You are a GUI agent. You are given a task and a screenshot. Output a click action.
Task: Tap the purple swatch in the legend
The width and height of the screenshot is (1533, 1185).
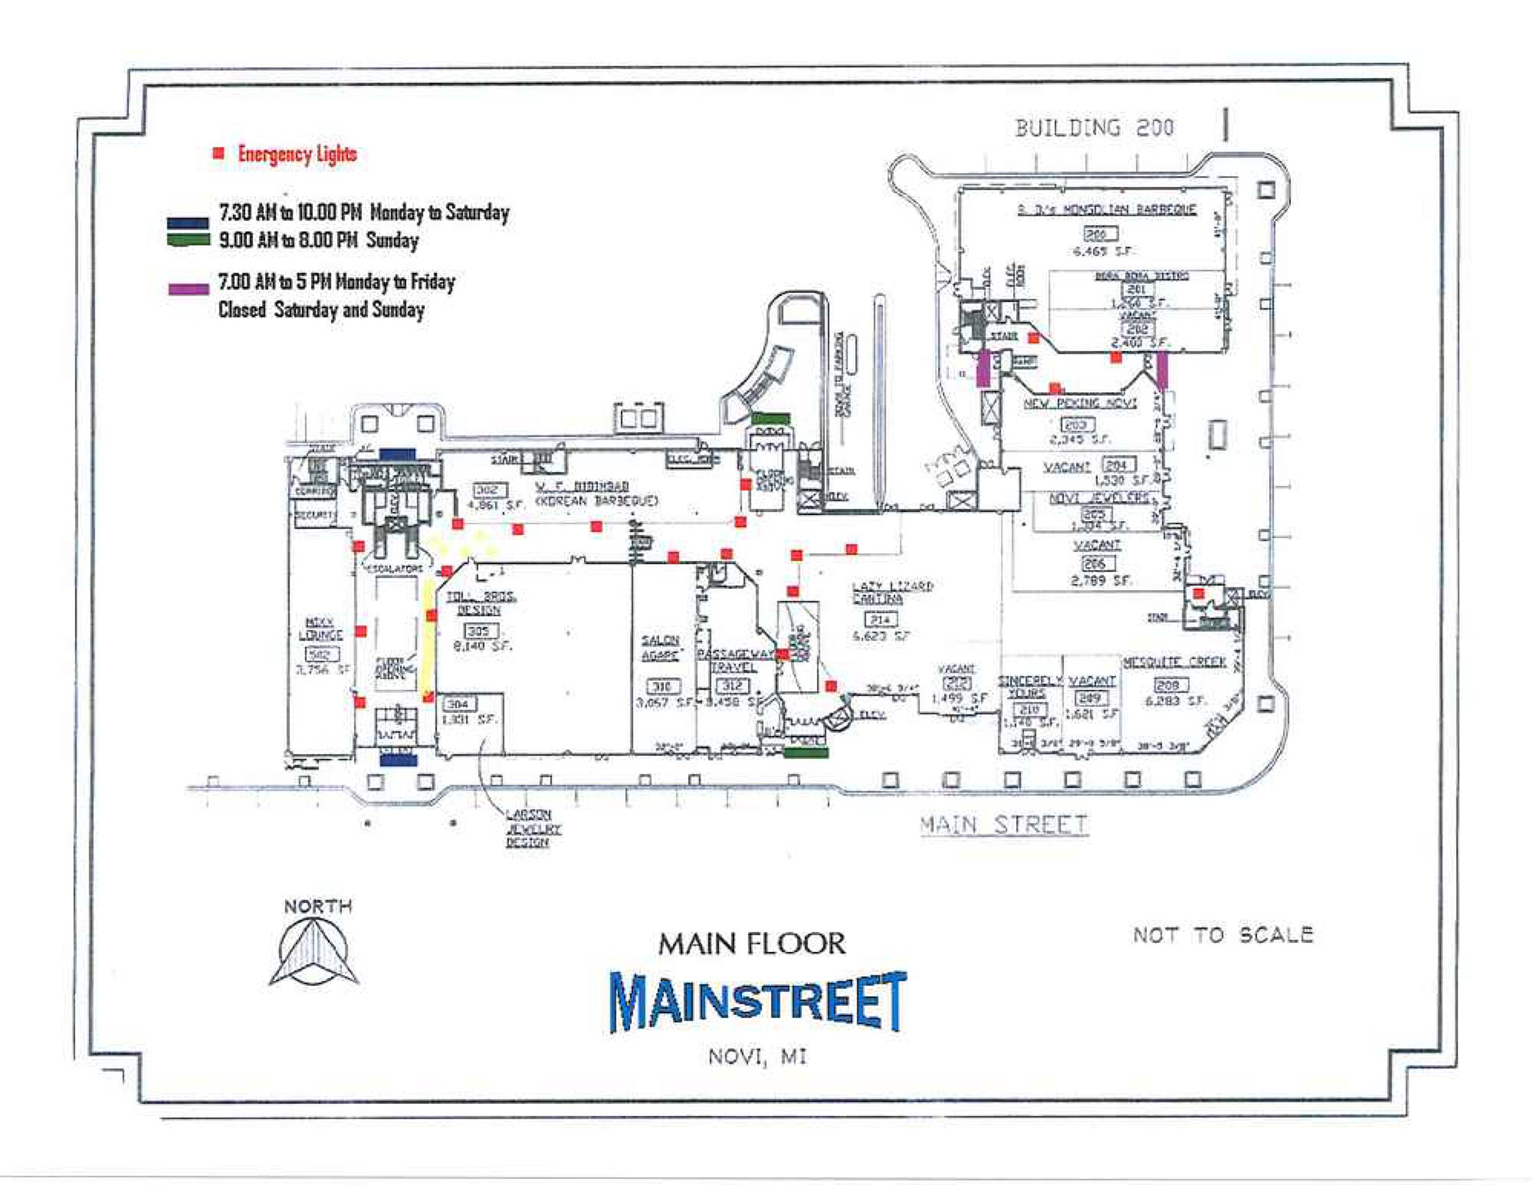point(188,289)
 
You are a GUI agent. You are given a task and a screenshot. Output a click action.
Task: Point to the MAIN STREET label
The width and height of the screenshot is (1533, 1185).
point(1004,825)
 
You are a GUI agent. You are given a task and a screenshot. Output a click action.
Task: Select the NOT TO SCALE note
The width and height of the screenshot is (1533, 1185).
point(1222,934)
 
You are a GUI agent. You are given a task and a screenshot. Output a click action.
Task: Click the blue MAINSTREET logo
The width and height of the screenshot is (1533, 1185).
point(758,1001)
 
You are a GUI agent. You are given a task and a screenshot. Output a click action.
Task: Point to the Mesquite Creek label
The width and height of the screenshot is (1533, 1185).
point(1174,662)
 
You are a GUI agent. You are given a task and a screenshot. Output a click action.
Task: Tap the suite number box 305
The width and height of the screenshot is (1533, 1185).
point(478,630)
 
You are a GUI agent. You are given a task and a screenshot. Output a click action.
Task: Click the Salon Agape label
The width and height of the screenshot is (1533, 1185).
point(661,647)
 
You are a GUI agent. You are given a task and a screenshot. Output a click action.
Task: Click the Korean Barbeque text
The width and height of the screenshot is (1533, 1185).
point(597,501)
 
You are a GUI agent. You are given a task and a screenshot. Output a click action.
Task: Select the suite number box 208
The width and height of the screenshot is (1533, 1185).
point(1169,684)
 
